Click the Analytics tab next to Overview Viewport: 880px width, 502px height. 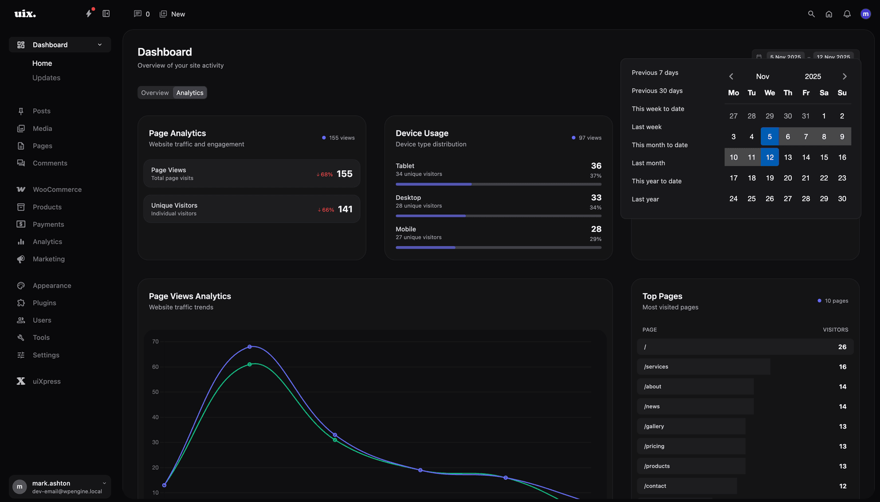(190, 93)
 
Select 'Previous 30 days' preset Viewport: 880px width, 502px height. (657, 91)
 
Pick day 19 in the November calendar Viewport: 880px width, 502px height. (769, 178)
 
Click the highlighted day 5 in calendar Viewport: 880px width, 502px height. (769, 137)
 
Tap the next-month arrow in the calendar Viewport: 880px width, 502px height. (844, 77)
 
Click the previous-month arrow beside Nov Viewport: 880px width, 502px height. (731, 77)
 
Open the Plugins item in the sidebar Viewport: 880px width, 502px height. (44, 303)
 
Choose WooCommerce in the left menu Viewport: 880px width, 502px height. (57, 189)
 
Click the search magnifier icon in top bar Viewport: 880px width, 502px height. (811, 14)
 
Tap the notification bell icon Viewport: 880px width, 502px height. (847, 14)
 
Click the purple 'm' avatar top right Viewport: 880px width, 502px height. (865, 14)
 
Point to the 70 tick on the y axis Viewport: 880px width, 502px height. (155, 342)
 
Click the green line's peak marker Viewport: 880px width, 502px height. (250, 365)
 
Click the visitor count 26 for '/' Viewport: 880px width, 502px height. (842, 347)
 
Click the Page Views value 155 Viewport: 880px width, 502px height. (344, 174)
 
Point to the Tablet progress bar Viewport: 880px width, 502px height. (498, 184)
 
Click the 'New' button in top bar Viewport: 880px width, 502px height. (172, 14)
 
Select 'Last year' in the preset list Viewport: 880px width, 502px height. (645, 199)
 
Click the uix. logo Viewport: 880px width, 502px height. (25, 14)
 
